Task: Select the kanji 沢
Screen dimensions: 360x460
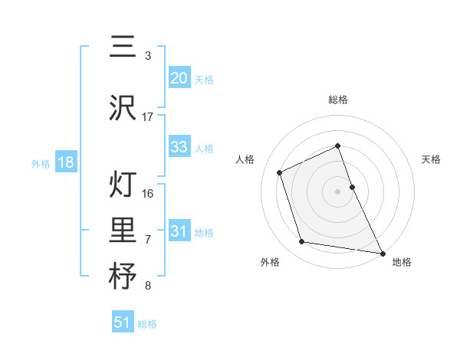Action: click(x=122, y=109)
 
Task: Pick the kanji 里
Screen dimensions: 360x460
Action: click(x=122, y=231)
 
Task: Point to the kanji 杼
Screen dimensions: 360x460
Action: click(x=122, y=277)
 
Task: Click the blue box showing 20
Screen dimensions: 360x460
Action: click(x=179, y=77)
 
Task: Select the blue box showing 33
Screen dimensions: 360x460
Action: click(x=179, y=147)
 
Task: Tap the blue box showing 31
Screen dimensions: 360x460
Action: click(x=179, y=231)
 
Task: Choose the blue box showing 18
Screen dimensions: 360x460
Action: click(x=65, y=163)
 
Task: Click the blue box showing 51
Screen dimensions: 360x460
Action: click(x=123, y=322)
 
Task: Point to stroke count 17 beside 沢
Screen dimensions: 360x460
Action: click(x=148, y=117)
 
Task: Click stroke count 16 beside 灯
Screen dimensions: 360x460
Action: click(x=148, y=193)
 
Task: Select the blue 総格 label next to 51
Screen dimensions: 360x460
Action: click(x=147, y=324)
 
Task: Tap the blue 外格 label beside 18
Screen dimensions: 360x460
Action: click(x=41, y=164)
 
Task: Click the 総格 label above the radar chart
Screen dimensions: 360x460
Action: click(x=337, y=100)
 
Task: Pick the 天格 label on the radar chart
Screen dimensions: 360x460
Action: click(x=431, y=159)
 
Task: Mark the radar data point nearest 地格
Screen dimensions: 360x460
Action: click(x=382, y=252)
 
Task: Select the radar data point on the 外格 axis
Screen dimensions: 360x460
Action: click(x=302, y=242)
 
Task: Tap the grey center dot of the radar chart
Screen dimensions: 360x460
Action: click(x=337, y=191)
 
